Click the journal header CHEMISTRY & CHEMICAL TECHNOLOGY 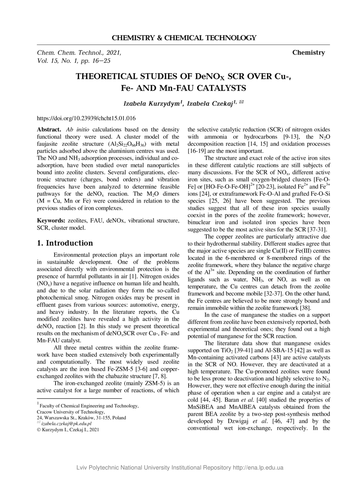(184, 38)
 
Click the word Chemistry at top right (308, 53)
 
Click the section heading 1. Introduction (65, 243)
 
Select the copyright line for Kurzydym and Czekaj (68, 430)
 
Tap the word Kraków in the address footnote (86, 418)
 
